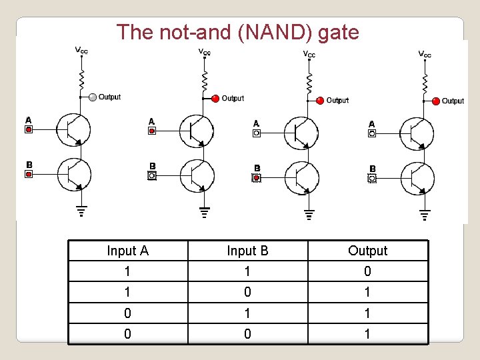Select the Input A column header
click(127, 251)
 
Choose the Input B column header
click(247, 251)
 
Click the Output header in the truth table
click(367, 251)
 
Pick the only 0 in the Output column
click(367, 271)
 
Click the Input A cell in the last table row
click(127, 333)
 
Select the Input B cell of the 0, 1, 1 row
click(247, 313)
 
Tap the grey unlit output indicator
click(93, 97)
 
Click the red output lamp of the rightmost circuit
click(436, 101)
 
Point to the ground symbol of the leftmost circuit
click(81, 212)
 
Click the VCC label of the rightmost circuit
click(425, 53)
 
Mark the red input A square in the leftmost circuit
click(29, 129)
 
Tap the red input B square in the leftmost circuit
click(29, 174)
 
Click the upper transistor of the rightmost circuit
click(417, 133)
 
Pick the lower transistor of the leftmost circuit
click(73, 175)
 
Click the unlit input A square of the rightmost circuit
click(372, 133)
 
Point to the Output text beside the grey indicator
click(110, 97)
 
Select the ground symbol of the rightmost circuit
click(425, 214)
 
